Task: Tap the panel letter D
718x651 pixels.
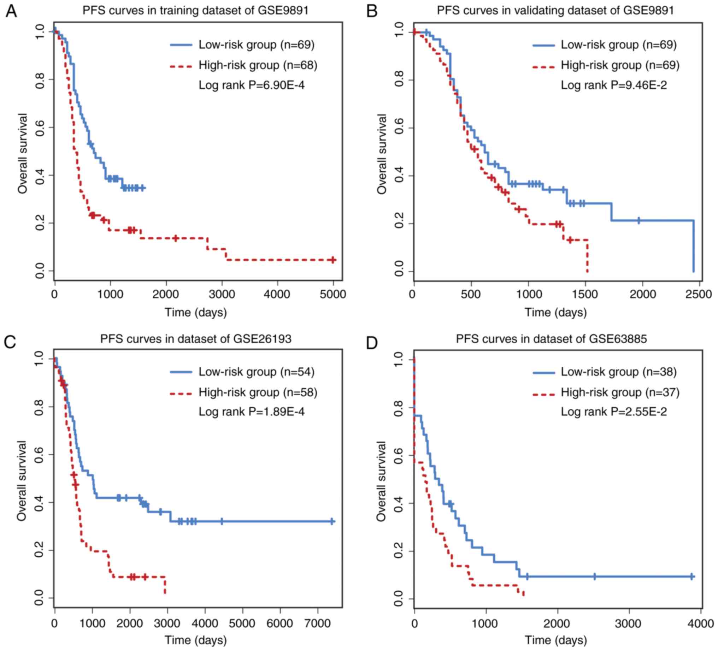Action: pos(371,343)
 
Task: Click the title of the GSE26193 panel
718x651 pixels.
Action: pos(195,338)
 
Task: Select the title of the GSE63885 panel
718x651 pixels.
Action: pos(551,338)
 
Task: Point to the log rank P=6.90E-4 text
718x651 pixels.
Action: pos(252,85)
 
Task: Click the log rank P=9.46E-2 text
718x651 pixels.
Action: pos(614,85)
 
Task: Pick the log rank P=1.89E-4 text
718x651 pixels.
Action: pos(252,412)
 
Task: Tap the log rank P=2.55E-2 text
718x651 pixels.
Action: pos(614,412)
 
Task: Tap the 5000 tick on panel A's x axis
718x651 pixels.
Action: pos(333,294)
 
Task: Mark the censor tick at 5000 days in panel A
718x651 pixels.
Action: pos(332,260)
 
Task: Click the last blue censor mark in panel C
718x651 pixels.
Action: pos(331,521)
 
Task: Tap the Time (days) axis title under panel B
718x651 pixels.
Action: pos(555,313)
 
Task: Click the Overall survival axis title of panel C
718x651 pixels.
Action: pos(22,481)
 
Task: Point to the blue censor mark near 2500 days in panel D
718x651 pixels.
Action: pos(594,576)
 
